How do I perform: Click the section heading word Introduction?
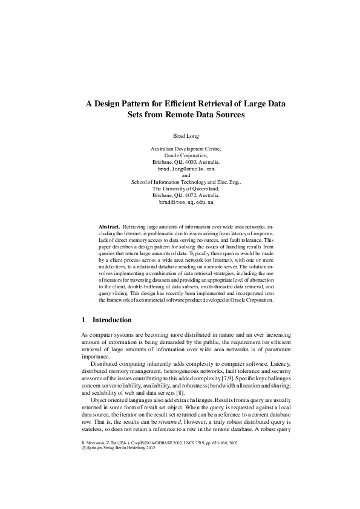click(111, 320)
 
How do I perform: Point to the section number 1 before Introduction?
click(83, 320)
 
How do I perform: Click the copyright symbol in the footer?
click(83, 466)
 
